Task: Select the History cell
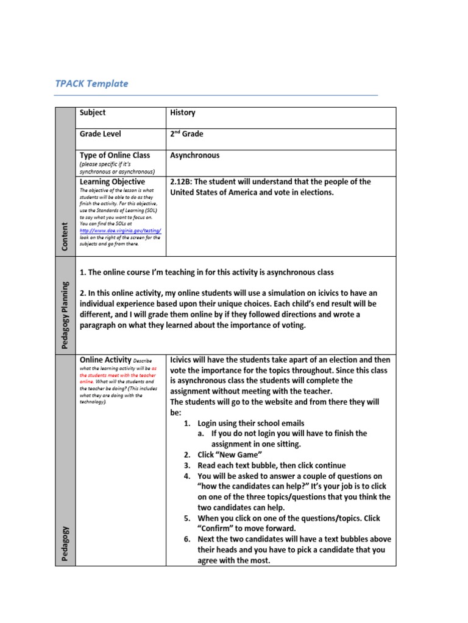point(183,113)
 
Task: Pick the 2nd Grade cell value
point(186,134)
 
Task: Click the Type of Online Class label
point(115,155)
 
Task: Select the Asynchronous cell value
point(195,155)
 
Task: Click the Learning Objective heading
point(112,181)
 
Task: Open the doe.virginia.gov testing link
point(120,231)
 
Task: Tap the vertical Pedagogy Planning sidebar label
point(65,315)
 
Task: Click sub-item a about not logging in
point(289,439)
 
